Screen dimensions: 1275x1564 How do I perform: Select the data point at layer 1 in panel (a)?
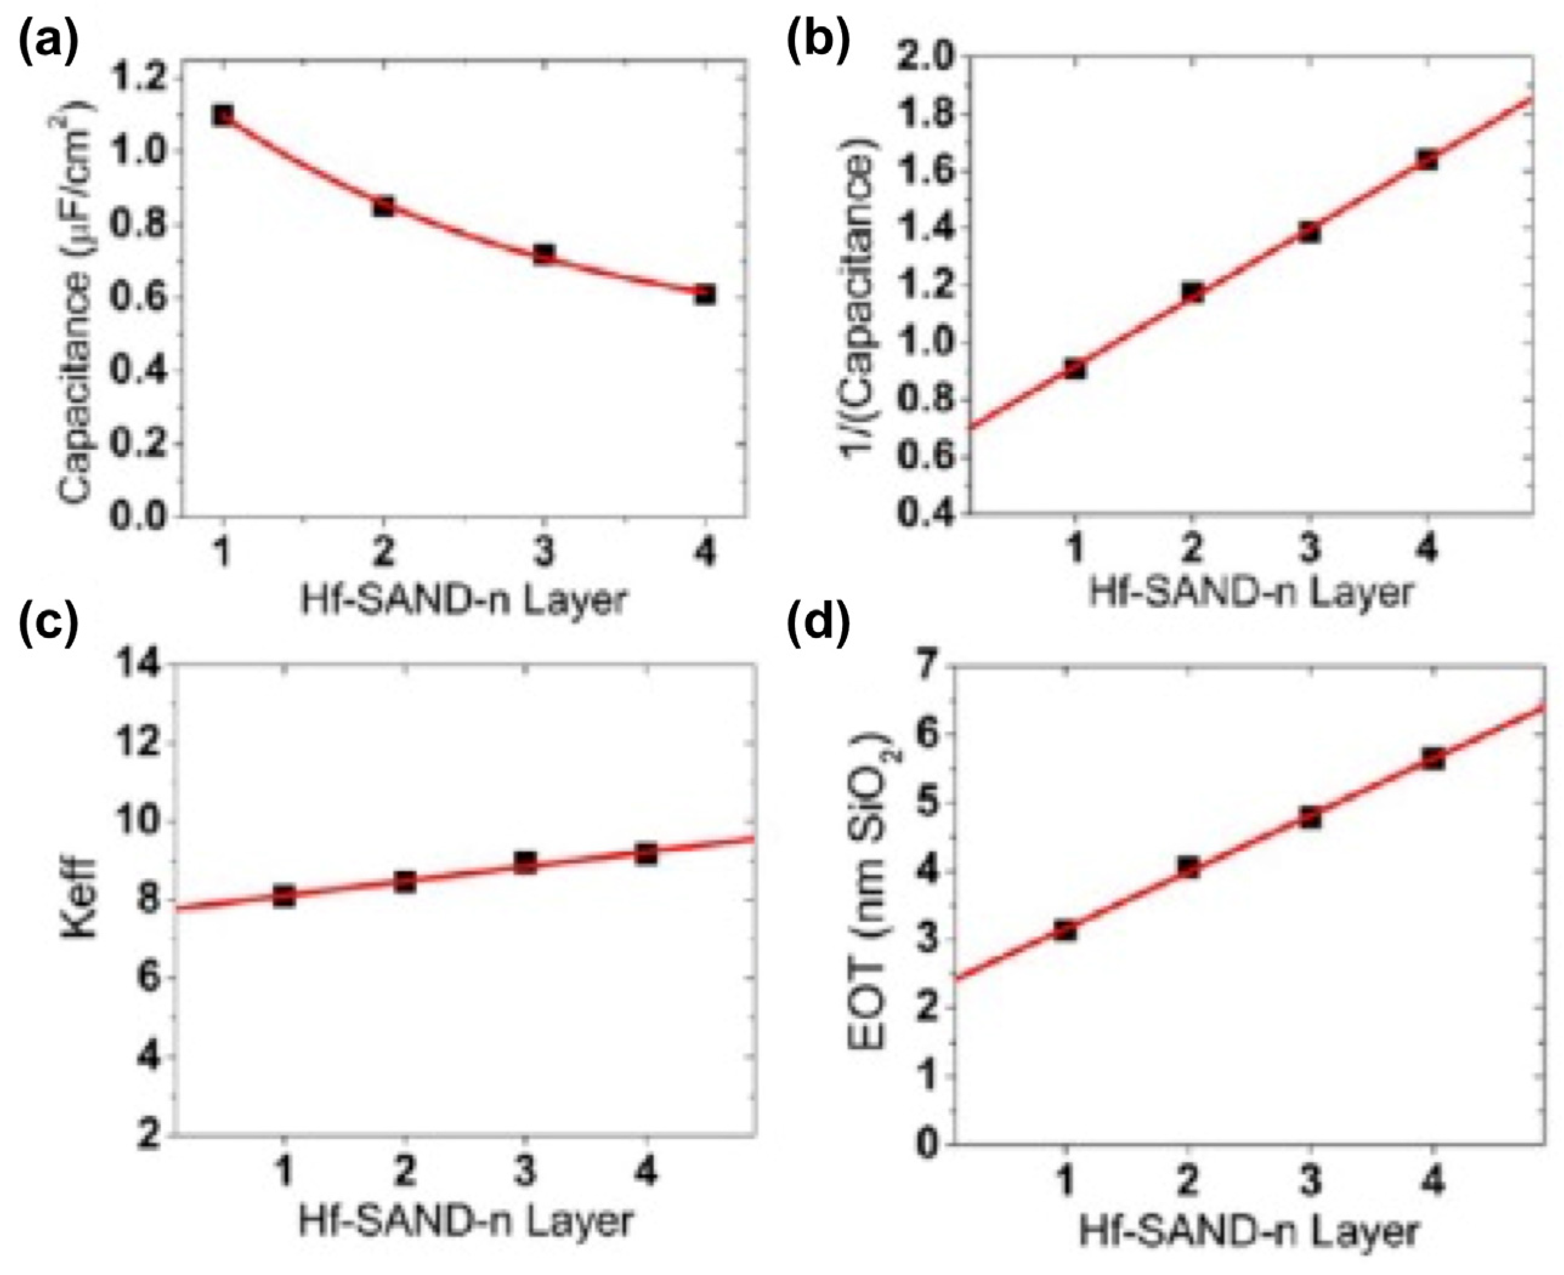tap(223, 115)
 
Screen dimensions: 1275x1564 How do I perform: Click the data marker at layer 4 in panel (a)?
tap(705, 294)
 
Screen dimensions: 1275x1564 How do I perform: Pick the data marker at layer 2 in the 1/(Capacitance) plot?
tap(1192, 292)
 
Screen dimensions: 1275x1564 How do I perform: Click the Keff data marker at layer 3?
tap(525, 862)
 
